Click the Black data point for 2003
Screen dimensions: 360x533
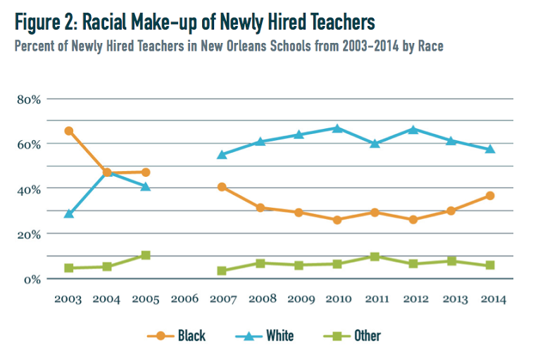68,131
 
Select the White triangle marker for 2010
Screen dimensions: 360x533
337,128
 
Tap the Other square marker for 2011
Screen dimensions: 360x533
375,256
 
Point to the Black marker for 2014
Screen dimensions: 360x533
490,195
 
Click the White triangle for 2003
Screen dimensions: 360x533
68,213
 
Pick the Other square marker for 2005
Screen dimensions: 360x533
145,255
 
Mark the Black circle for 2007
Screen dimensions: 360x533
222,187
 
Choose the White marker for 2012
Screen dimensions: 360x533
413,129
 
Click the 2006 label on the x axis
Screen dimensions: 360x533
183,299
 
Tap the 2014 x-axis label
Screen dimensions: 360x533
490,299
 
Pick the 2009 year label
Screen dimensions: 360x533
299,299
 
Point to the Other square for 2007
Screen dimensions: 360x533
222,271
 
